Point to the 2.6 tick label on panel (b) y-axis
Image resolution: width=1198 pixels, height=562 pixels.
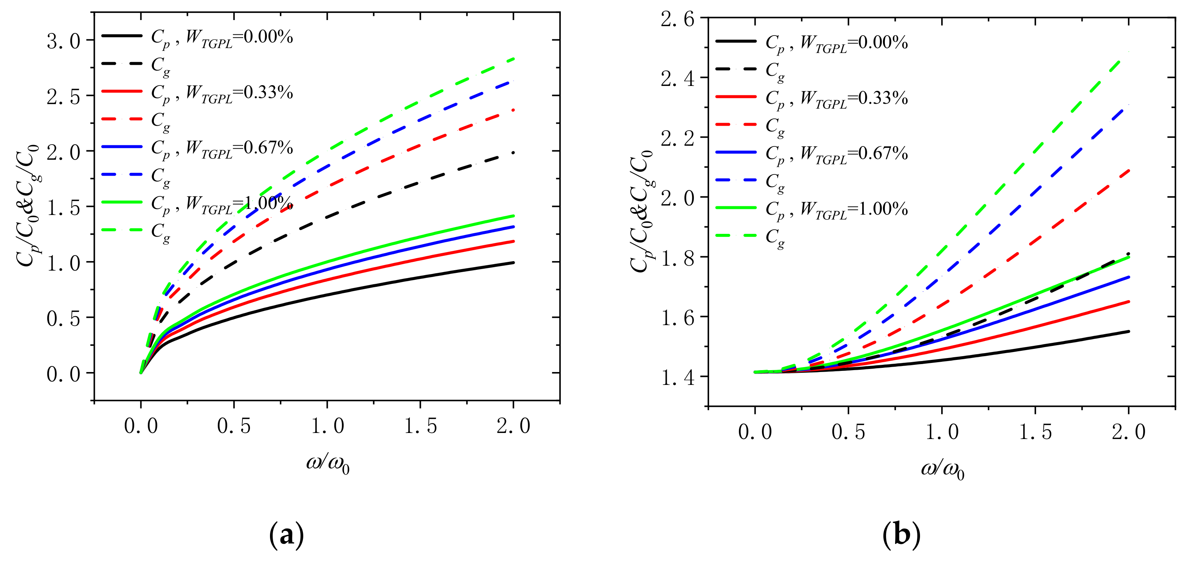click(x=678, y=20)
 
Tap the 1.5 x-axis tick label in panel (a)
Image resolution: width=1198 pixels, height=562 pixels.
click(x=421, y=426)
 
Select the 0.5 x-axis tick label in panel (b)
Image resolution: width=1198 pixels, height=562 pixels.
click(x=848, y=432)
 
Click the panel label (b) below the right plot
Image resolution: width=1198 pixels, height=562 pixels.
click(x=901, y=535)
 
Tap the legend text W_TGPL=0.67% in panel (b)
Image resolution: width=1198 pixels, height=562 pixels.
click(x=854, y=154)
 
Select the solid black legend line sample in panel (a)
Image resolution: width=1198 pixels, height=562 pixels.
click(x=122, y=36)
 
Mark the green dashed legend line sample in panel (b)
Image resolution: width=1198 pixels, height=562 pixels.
click(x=736, y=235)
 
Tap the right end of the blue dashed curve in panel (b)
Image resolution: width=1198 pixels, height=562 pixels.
click(x=1128, y=105)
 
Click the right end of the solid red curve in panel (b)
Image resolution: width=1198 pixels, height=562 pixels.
click(x=1128, y=302)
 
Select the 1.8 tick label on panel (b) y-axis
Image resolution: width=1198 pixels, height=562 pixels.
click(x=678, y=258)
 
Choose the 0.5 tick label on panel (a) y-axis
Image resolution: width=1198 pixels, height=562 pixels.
click(x=64, y=319)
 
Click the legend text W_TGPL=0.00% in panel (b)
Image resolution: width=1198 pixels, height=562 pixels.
click(x=854, y=43)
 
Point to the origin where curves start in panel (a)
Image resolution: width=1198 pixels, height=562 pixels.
click(x=141, y=373)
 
